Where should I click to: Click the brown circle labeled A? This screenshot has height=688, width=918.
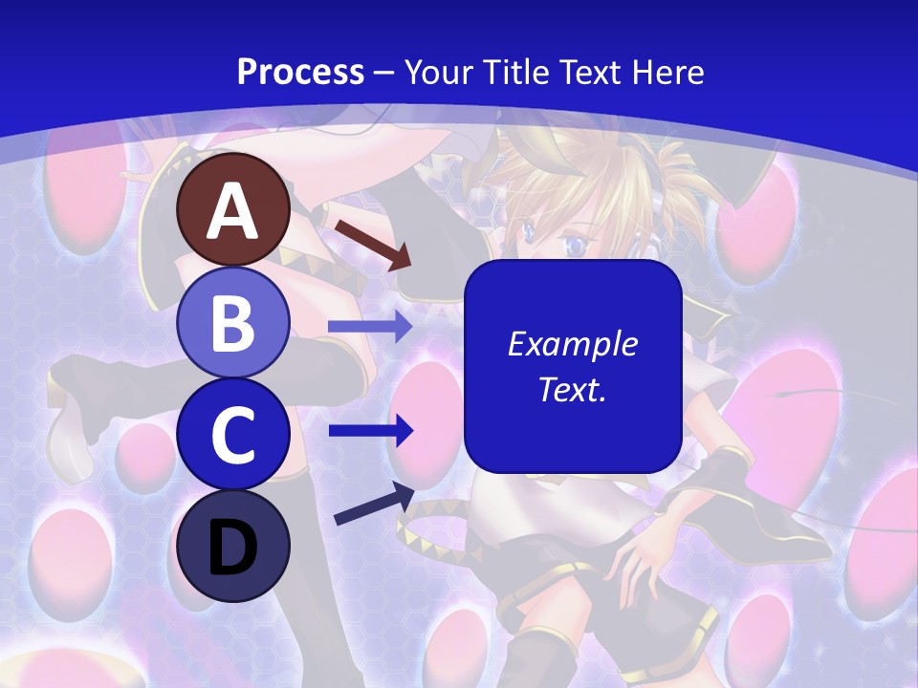[x=232, y=209]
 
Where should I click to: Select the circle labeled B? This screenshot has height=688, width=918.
[x=232, y=322]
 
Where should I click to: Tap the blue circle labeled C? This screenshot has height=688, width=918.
[x=232, y=433]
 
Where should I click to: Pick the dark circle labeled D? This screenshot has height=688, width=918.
[x=232, y=545]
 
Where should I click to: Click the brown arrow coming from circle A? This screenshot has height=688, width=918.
[x=372, y=245]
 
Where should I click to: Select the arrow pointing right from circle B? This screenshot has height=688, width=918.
[x=369, y=327]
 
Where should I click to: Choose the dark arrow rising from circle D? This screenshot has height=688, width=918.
[x=374, y=504]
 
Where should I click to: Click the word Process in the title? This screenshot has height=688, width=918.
[x=300, y=72]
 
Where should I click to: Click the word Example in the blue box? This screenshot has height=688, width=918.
[x=572, y=344]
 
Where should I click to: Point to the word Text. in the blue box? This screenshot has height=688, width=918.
[x=572, y=389]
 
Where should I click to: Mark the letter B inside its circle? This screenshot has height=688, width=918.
[x=232, y=322]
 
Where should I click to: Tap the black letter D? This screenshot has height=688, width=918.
[x=232, y=547]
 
